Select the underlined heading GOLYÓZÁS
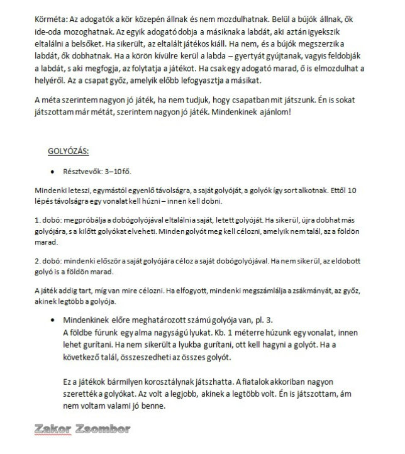click(x=69, y=151)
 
